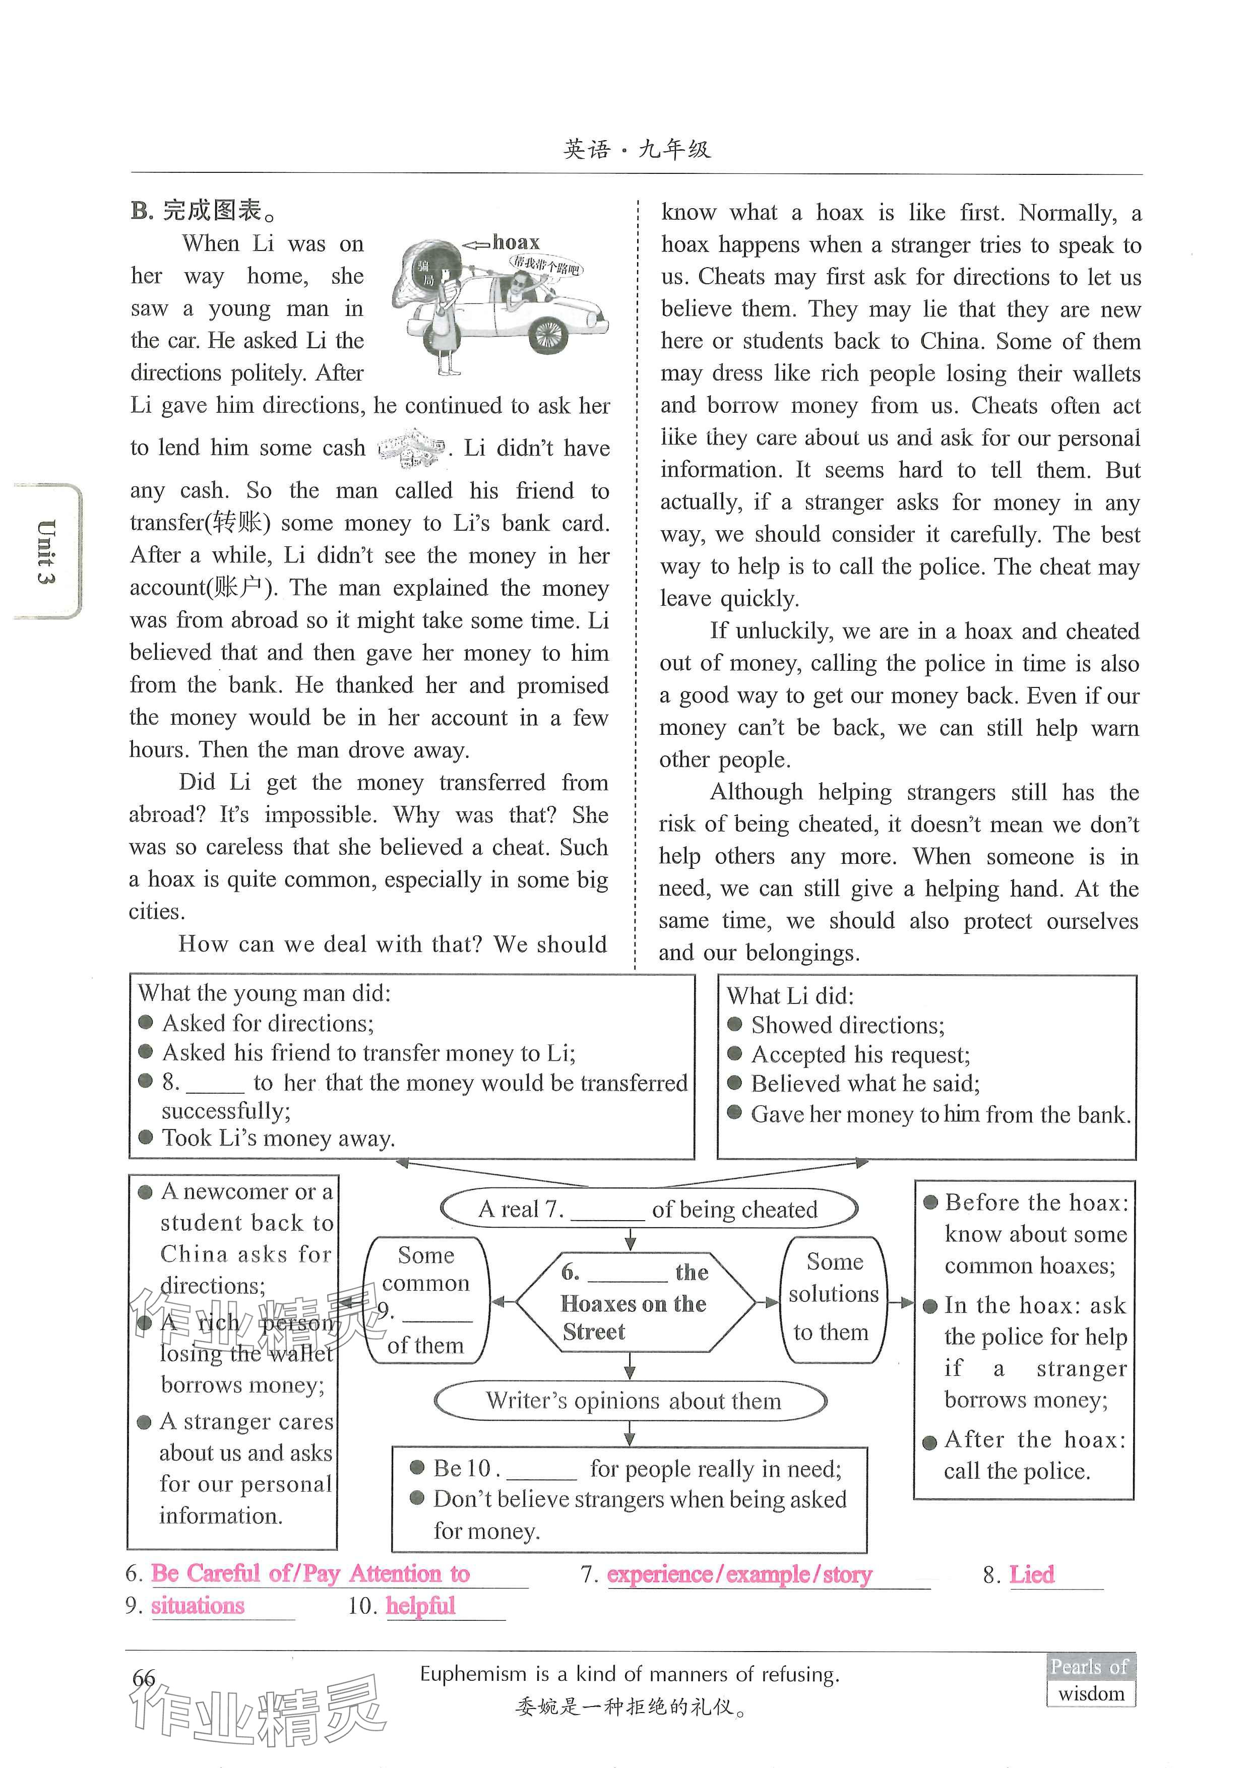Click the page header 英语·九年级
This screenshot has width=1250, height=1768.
[637, 149]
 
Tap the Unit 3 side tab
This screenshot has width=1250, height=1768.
[46, 551]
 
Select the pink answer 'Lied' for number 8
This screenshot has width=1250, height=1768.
[1031, 1575]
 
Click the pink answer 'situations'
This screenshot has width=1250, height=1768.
[198, 1606]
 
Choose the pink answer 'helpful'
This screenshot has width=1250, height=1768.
[420, 1606]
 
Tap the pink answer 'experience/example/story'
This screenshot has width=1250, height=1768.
[739, 1575]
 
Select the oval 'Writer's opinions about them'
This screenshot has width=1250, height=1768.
[631, 1401]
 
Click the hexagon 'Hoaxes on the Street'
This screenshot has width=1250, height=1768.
[634, 1303]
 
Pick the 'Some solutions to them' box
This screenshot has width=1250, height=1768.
[833, 1297]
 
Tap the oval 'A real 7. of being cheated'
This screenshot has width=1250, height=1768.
[649, 1209]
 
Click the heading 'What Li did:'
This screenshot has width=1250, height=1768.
[789, 996]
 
